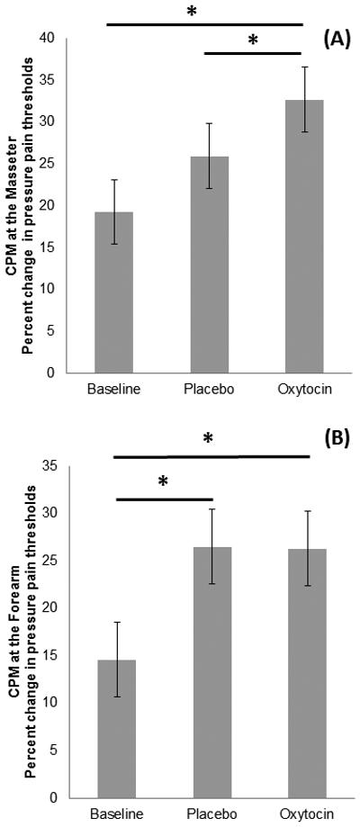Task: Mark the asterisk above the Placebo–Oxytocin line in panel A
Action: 253,41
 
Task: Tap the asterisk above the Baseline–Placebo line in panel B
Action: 163,482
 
